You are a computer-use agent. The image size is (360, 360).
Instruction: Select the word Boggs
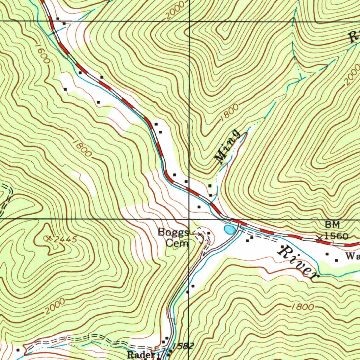tap(173, 232)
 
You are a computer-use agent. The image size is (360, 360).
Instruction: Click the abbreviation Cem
tap(178, 243)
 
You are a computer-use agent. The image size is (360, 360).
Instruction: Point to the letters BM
tap(332, 224)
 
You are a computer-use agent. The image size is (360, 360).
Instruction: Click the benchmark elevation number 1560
tap(336, 236)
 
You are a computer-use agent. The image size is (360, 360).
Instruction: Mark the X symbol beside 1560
tap(320, 238)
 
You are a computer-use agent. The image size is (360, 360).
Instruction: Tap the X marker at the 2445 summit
tap(49, 238)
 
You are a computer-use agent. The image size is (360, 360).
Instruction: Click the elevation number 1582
tap(183, 346)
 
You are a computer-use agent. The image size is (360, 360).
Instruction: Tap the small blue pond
tap(229, 230)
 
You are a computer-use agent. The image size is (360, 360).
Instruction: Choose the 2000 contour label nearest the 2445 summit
tap(54, 306)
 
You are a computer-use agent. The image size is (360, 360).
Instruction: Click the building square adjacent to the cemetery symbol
tap(208, 233)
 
